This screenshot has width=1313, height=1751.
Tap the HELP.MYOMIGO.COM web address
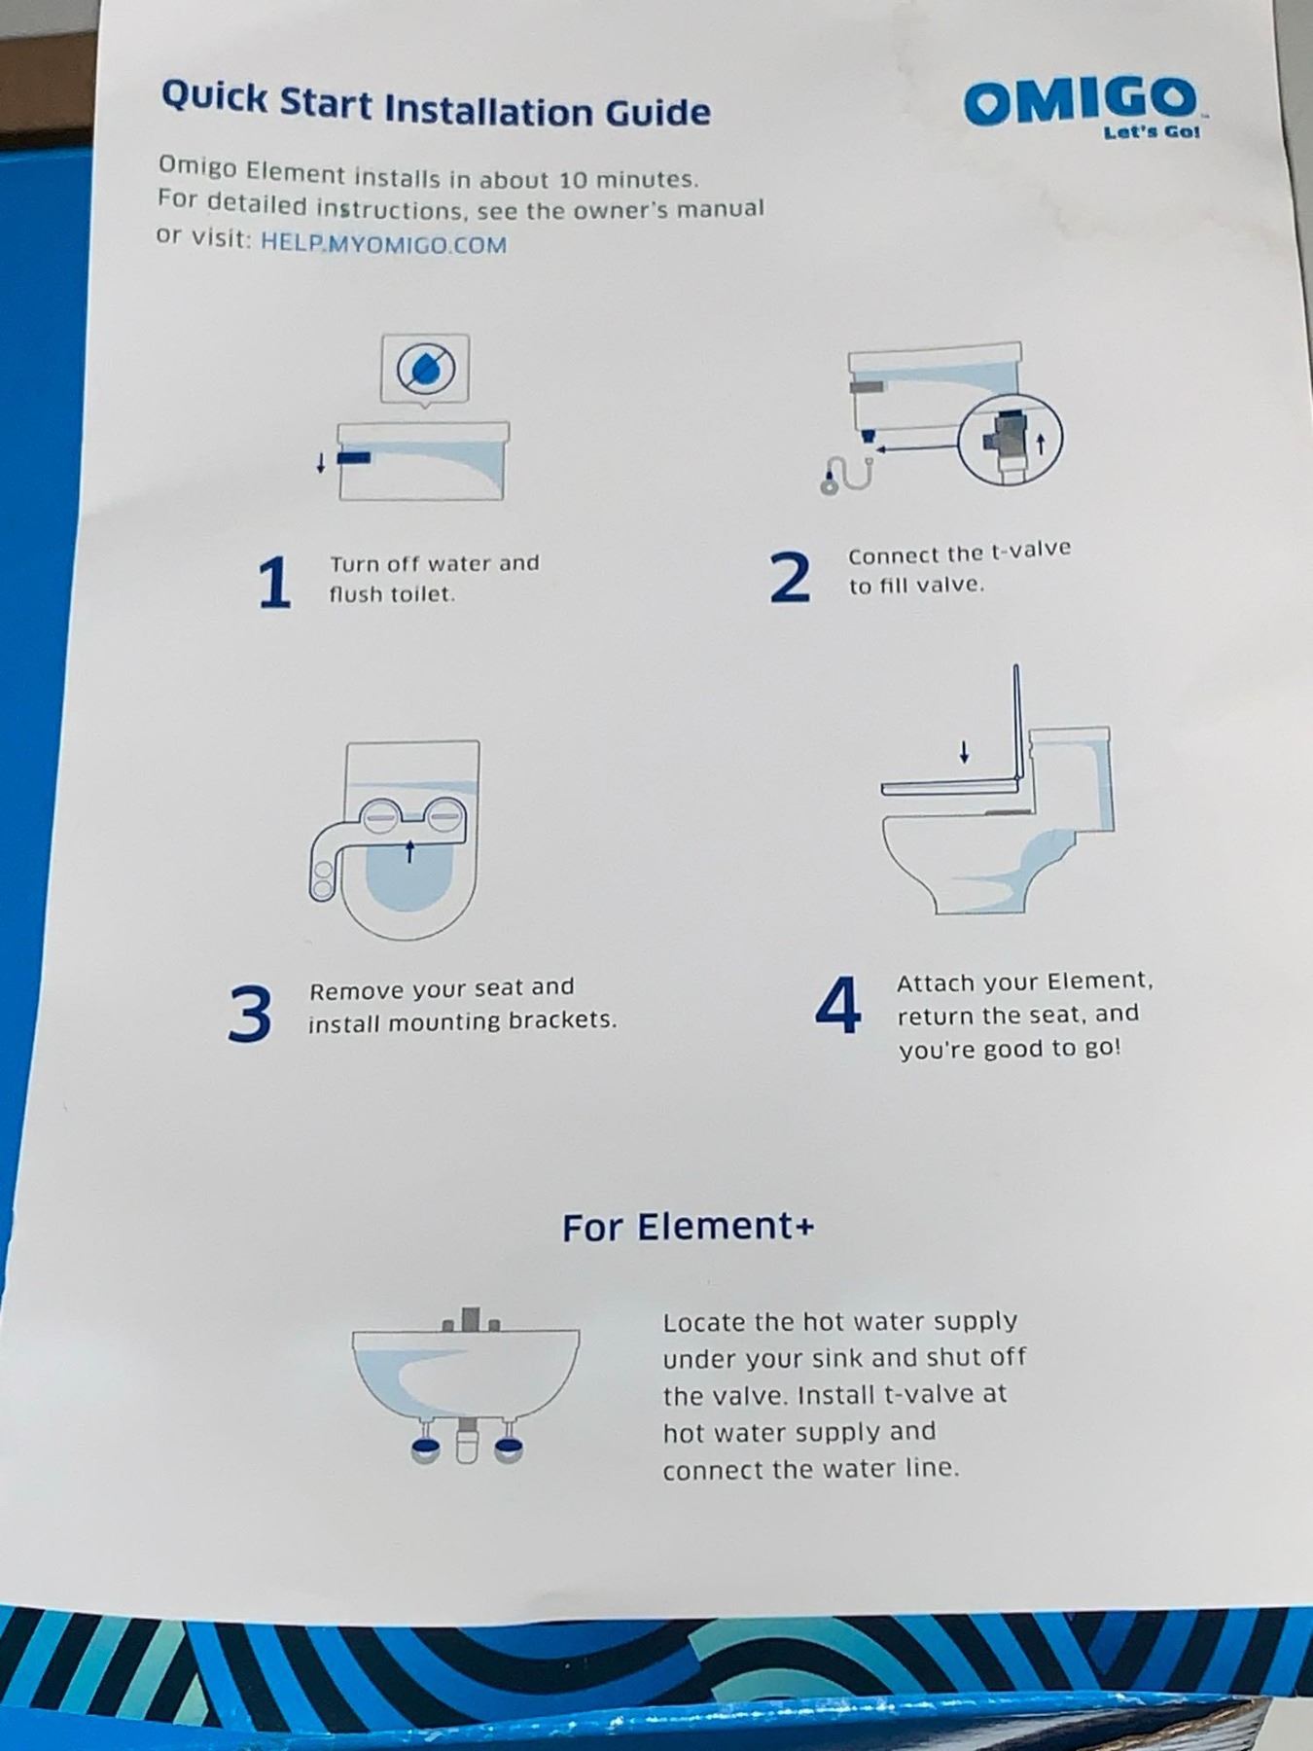point(383,243)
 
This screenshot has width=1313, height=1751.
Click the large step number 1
point(275,583)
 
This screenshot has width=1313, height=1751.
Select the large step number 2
point(790,577)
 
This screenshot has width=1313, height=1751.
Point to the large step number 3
point(250,1013)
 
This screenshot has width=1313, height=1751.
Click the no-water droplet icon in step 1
point(425,369)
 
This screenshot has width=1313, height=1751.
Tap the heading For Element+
point(688,1227)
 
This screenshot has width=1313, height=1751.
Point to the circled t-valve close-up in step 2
point(1011,441)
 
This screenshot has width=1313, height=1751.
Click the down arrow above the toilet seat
point(964,752)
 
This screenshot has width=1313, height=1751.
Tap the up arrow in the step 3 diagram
point(409,851)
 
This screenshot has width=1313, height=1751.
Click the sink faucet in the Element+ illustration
point(471,1319)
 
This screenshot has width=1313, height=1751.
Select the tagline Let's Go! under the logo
point(1153,132)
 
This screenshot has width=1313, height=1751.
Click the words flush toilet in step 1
point(392,594)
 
